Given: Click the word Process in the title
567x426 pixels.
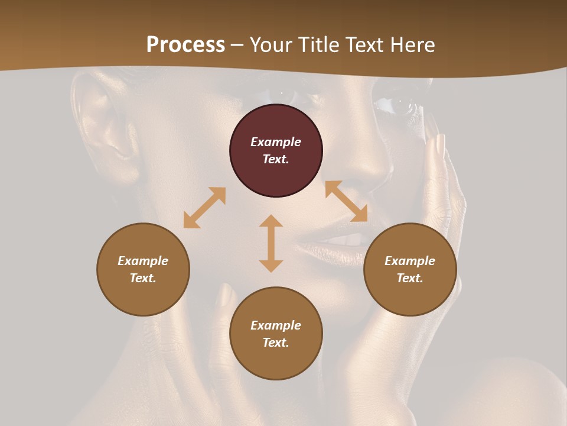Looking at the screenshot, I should point(185,45).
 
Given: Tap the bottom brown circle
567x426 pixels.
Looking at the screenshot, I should point(276,361).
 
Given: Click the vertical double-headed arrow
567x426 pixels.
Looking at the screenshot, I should point(271,243).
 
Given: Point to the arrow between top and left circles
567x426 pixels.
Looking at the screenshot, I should point(204,208).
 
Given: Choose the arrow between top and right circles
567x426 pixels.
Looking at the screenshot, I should point(346,201).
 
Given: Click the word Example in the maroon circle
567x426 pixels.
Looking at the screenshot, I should point(276,142).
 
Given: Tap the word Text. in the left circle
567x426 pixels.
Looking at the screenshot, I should point(143,278).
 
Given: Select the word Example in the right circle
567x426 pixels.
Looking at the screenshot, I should point(410,261).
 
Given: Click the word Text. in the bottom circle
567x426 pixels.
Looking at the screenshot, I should point(276,343).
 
